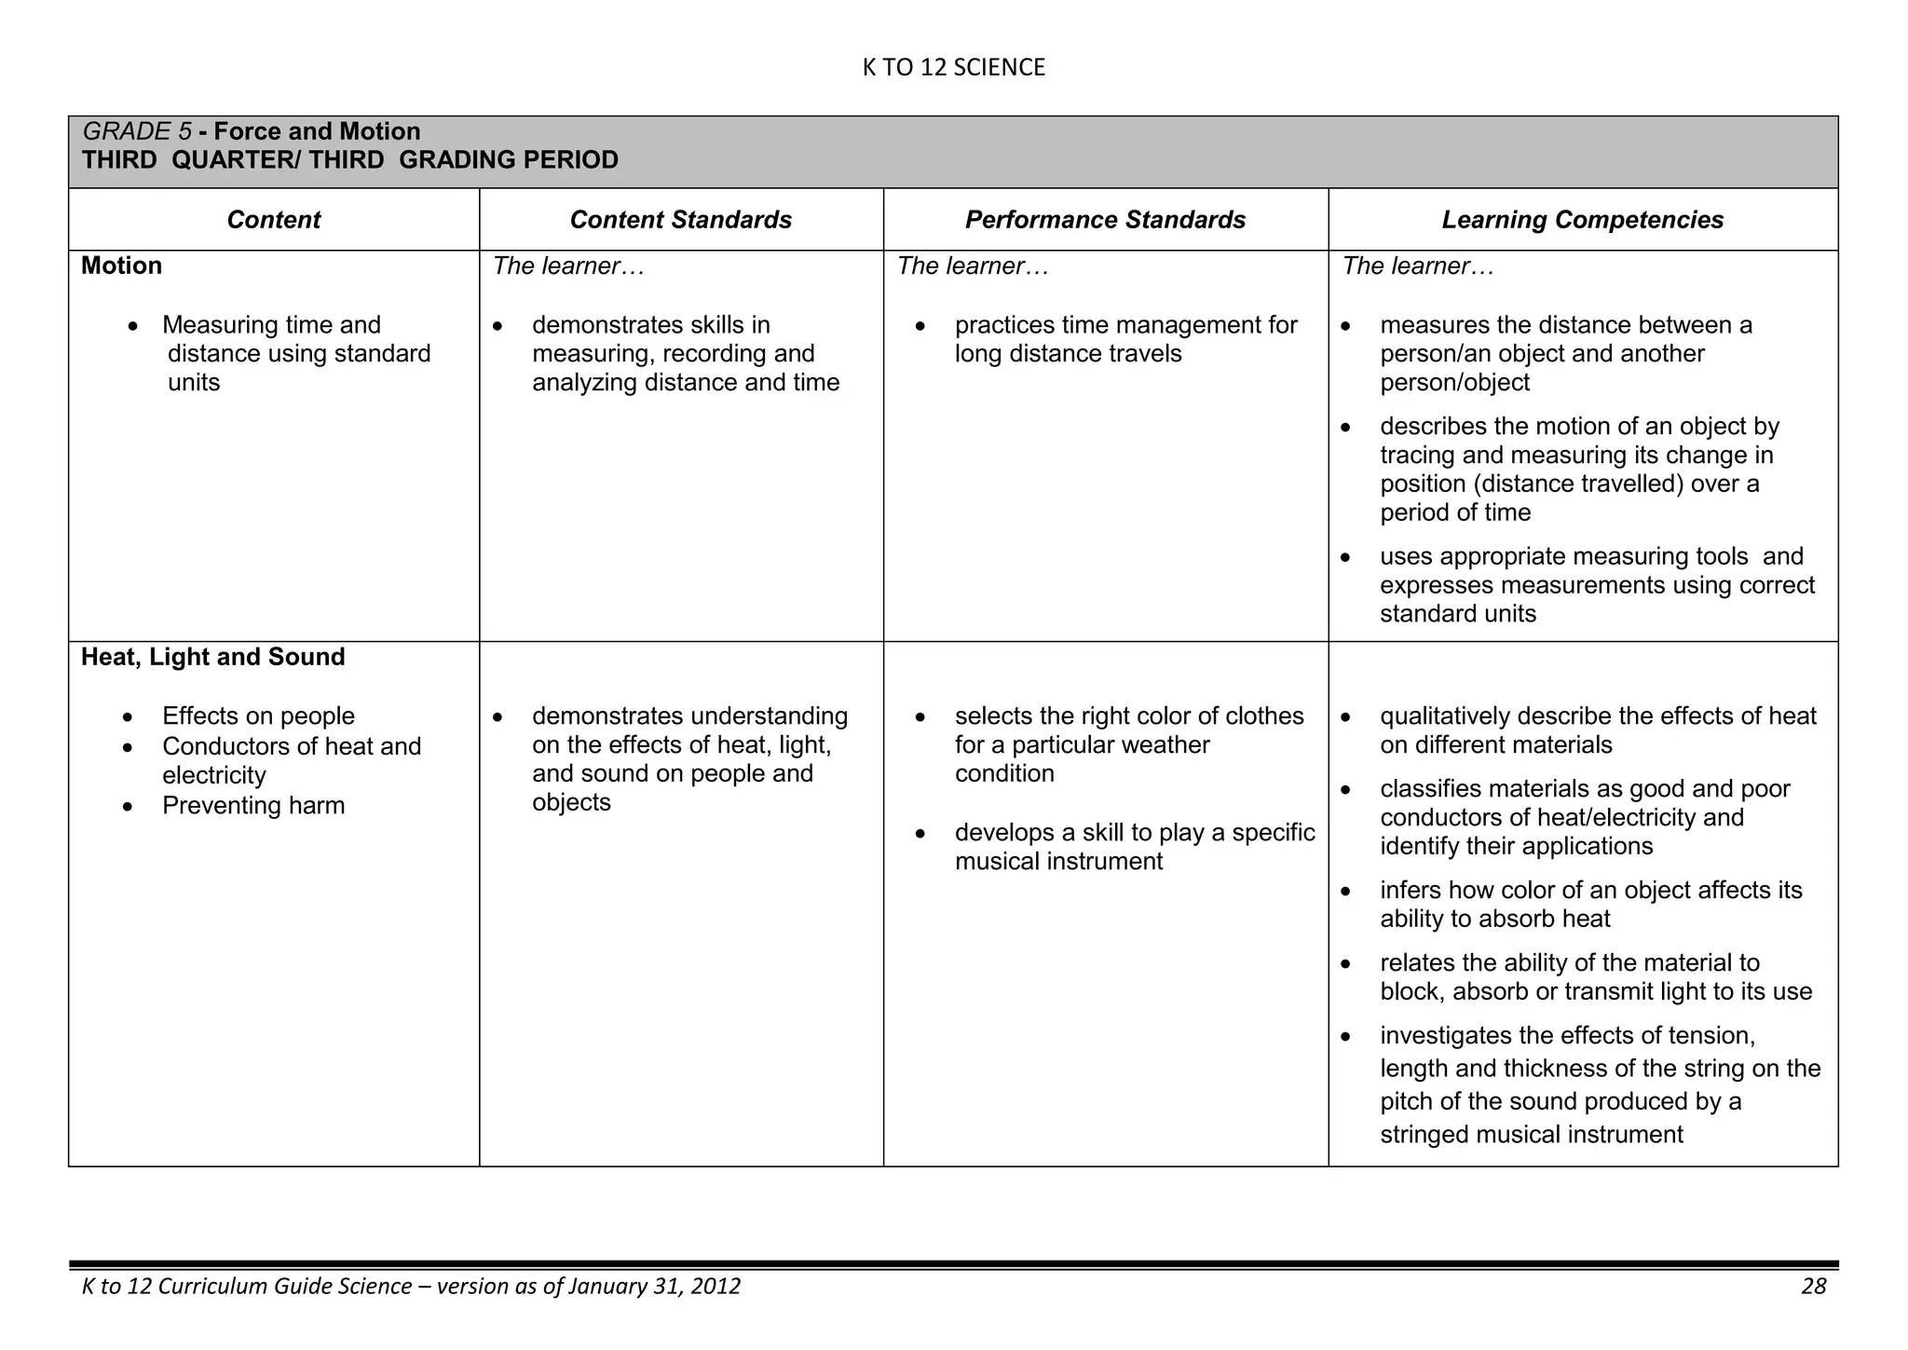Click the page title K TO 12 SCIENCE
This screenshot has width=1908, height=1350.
(953, 67)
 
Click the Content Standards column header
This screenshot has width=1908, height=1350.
(680, 220)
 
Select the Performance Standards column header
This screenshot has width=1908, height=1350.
(1105, 220)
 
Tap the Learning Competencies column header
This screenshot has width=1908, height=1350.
(1582, 220)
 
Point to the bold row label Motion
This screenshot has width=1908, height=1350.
(121, 266)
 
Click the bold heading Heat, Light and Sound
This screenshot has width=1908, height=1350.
(212, 657)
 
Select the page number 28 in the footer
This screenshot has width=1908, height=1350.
(1813, 1287)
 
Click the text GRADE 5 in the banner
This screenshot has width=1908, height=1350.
(137, 131)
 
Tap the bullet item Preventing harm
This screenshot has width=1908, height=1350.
(252, 806)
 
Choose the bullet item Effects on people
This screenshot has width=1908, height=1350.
(258, 716)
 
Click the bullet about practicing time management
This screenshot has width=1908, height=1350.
(1124, 339)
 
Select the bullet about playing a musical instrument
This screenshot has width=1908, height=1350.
(1134, 847)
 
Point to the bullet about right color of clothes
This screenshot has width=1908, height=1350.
(1128, 744)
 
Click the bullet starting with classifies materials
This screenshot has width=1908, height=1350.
(1584, 817)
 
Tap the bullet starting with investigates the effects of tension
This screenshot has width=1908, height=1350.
(1599, 1084)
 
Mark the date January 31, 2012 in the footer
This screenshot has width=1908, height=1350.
(653, 1287)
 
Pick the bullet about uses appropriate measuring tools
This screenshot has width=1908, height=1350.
(1596, 585)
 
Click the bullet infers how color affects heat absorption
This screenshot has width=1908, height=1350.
(1589, 905)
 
